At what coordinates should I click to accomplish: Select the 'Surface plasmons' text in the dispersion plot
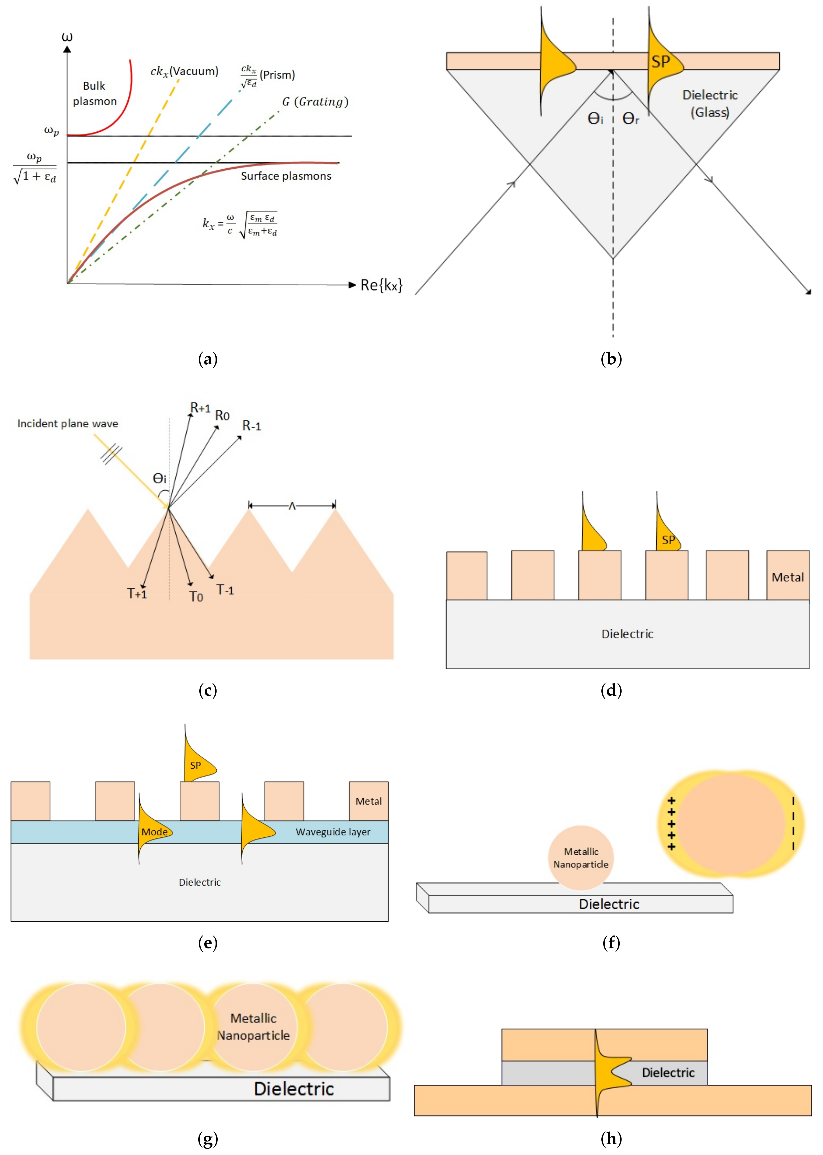point(286,176)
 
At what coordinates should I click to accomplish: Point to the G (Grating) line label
point(315,102)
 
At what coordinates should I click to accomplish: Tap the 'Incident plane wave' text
point(68,423)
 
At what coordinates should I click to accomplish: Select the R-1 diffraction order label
point(251,426)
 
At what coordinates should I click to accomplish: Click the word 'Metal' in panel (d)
point(787,577)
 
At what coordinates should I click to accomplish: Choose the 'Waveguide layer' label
point(333,832)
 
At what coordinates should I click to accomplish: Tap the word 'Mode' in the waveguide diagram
point(154,832)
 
